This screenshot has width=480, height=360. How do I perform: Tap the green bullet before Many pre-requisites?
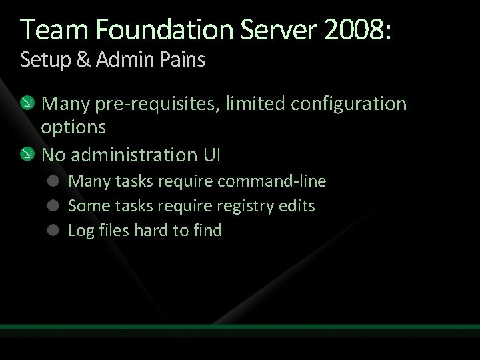coord(27,103)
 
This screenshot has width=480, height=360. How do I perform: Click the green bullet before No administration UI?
coord(27,155)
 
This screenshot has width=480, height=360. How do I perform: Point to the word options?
coord(73,127)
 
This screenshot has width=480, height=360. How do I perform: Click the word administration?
coord(130,155)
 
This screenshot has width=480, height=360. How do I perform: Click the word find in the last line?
coord(207,231)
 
